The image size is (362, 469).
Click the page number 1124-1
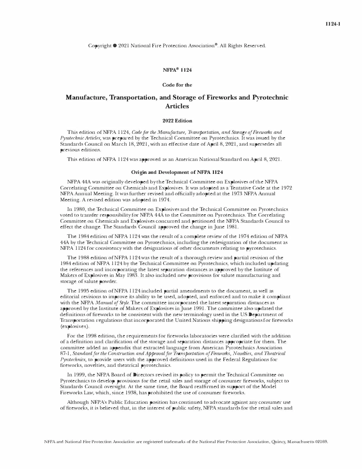[333, 24]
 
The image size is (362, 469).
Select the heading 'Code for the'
[177, 85]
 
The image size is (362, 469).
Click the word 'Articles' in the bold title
[177, 106]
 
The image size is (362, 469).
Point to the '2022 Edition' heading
[177, 120]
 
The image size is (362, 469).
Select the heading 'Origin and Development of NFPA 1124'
[177, 172]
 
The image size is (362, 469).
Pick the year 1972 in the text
[286, 188]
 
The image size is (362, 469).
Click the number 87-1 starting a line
[65, 353]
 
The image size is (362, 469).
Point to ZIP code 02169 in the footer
[321, 442]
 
